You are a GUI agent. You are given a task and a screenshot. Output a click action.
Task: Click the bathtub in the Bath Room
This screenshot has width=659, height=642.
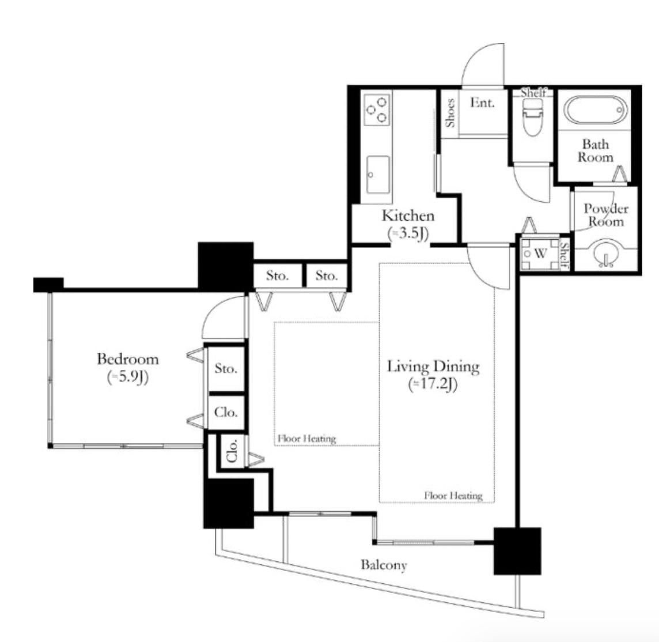[595, 110]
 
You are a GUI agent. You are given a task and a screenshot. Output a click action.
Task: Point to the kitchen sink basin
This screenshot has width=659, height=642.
[377, 175]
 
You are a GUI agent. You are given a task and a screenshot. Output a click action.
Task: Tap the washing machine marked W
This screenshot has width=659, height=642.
[539, 254]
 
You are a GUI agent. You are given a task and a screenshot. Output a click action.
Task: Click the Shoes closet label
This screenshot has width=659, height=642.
[450, 113]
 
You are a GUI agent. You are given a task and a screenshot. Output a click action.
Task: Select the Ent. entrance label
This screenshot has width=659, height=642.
[482, 102]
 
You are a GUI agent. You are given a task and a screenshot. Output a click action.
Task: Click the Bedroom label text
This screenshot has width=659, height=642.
[128, 359]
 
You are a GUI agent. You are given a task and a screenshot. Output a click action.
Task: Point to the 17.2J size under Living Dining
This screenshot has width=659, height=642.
[433, 384]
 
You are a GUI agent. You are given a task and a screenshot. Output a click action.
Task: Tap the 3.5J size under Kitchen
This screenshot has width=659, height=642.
[408, 233]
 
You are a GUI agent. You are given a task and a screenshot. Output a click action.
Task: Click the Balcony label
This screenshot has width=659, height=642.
[384, 565]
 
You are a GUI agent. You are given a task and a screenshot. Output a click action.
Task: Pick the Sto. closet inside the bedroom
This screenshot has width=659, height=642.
[226, 369]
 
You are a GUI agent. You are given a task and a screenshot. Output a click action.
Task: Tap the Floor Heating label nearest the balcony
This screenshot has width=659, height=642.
[453, 496]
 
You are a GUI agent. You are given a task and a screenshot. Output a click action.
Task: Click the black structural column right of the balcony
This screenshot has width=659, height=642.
[517, 551]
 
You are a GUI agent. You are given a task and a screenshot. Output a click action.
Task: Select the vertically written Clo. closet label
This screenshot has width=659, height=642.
[232, 450]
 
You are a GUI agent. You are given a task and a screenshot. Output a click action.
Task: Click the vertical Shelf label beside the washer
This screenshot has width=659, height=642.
[565, 255]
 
